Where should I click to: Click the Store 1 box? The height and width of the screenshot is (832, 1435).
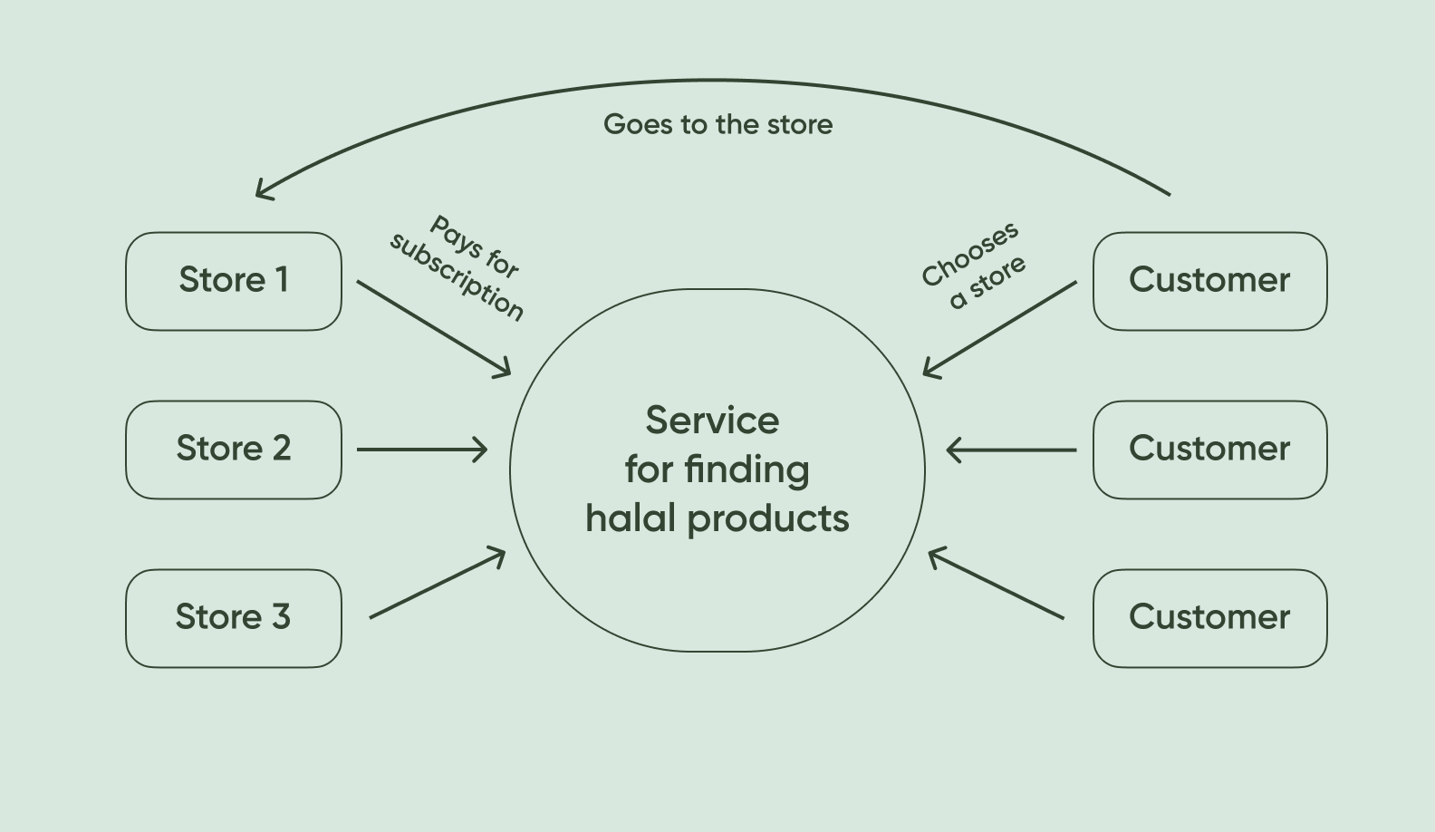pyautogui.click(x=234, y=281)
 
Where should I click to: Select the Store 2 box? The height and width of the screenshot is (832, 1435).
pyautogui.click(x=234, y=450)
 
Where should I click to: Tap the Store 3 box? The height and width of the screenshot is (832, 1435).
pyautogui.click(x=234, y=618)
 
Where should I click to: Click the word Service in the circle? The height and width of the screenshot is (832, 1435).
pyautogui.click(x=712, y=421)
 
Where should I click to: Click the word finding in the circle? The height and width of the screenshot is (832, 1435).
pyautogui.click(x=746, y=469)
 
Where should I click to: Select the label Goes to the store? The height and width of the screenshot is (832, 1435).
pyautogui.click(x=717, y=124)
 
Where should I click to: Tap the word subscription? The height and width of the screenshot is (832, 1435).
pyautogui.click(x=457, y=277)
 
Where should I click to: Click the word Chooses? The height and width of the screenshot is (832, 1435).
pyautogui.click(x=969, y=255)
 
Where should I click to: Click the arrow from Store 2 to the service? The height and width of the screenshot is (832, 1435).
pyautogui.click(x=421, y=450)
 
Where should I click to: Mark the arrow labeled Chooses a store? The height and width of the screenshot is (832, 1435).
pyautogui.click(x=1000, y=328)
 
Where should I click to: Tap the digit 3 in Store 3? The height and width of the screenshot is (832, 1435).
pyautogui.click(x=281, y=617)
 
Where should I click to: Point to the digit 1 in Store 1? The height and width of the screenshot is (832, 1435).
pyautogui.click(x=283, y=280)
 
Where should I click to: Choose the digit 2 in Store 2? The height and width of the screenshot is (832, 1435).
pyautogui.click(x=281, y=449)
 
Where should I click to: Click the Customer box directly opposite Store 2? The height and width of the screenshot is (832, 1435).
pyautogui.click(x=1209, y=450)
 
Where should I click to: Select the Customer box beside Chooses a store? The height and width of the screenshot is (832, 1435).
pyautogui.click(x=1209, y=281)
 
